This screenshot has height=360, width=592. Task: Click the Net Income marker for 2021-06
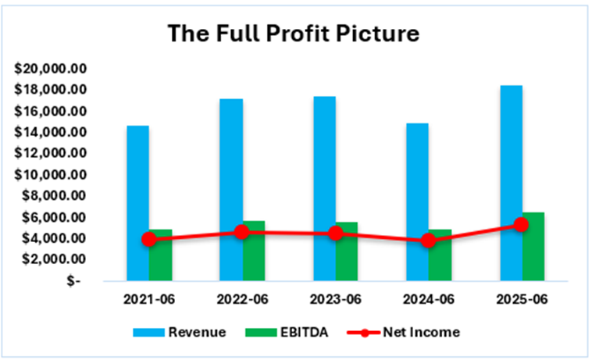[x=149, y=239]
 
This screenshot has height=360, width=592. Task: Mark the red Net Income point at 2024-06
[x=429, y=241]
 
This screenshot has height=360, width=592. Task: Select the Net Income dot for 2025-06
[x=522, y=225]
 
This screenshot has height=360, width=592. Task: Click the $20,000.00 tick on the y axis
[x=52, y=69]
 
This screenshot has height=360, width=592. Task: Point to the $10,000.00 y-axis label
[x=52, y=175]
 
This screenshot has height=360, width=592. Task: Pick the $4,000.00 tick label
[x=55, y=238]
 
